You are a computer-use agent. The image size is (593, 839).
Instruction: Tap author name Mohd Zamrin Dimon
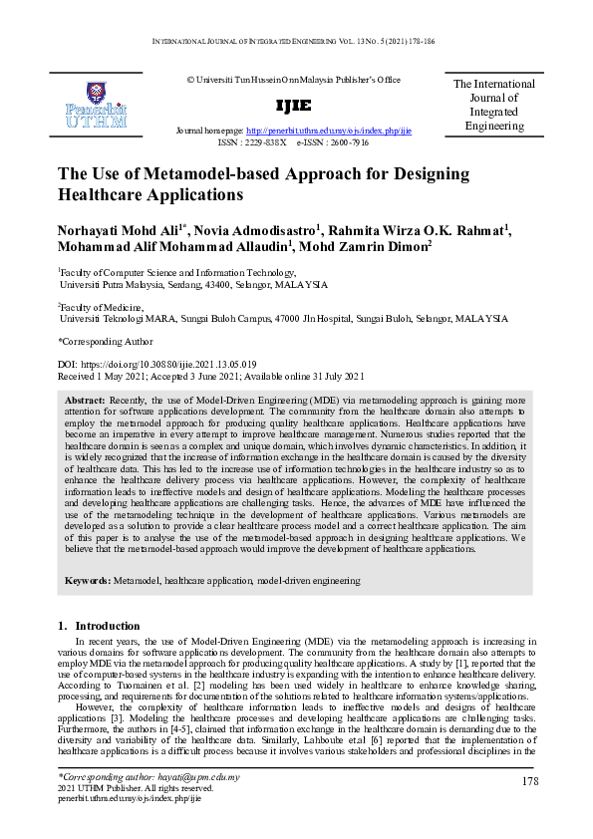click(365, 248)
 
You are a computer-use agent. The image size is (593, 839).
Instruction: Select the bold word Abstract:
click(85, 398)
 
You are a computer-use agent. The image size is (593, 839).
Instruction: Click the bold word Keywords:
click(88, 579)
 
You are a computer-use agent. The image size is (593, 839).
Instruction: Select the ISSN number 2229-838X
click(262, 142)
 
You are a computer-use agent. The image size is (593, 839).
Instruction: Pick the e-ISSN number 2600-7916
click(347, 142)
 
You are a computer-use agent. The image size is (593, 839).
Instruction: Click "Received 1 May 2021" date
click(108, 378)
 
